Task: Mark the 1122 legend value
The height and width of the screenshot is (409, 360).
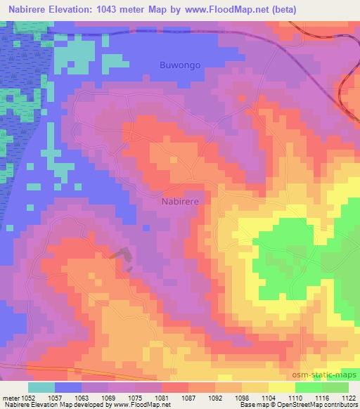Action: click(346, 397)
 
